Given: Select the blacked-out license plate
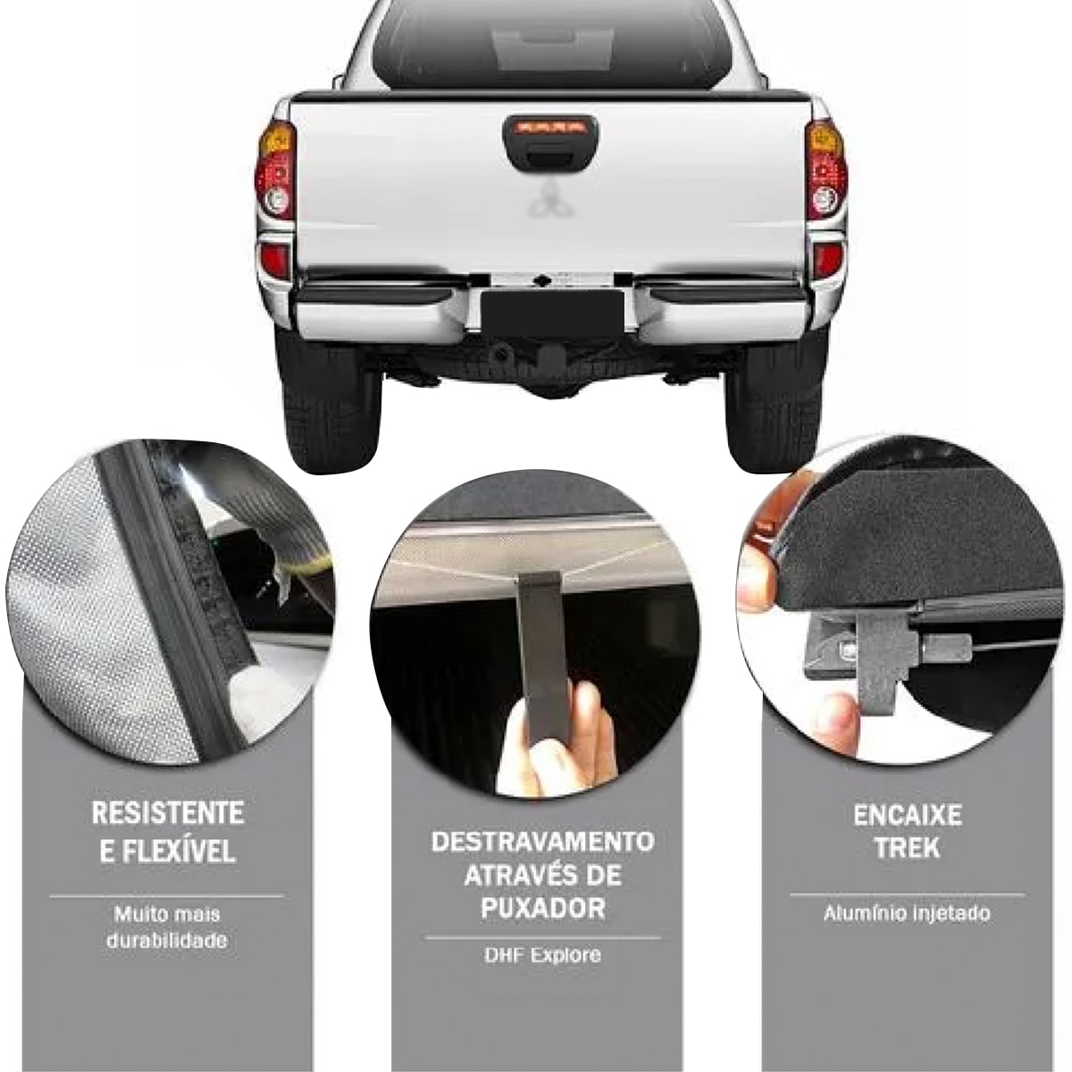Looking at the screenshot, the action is coord(552,314).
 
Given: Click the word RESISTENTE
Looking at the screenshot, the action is coord(167,814).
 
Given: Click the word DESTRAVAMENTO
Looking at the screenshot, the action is coord(542,842).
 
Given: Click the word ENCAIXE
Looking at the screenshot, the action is coord(908,816).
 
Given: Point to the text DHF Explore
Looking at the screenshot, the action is coord(542,955).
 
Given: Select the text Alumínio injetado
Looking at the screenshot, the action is coord(907,914).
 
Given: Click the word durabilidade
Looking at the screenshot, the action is coord(167,941).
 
